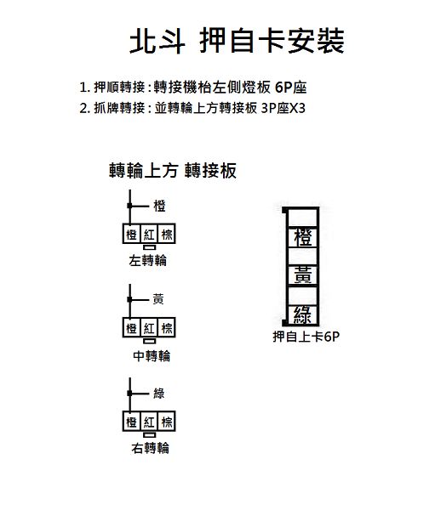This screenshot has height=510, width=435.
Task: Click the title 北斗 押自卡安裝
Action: (x=237, y=41)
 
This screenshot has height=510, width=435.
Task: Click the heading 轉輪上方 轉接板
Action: (x=173, y=171)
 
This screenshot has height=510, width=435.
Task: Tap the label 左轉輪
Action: (x=147, y=261)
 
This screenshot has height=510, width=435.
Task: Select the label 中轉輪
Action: (x=152, y=356)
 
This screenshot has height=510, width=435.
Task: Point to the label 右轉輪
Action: (x=151, y=448)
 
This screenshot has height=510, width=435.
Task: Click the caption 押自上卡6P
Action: (x=306, y=337)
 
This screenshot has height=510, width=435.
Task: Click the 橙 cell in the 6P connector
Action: (x=303, y=237)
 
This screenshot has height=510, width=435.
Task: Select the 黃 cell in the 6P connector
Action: (x=303, y=275)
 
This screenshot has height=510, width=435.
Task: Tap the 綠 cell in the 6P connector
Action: (x=303, y=314)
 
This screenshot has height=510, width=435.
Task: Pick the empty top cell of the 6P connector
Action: (x=303, y=218)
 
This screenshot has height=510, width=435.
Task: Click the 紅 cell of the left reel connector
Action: (x=149, y=234)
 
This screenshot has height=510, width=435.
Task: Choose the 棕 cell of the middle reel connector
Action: (x=167, y=327)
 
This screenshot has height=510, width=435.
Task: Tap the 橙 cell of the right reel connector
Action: (x=131, y=422)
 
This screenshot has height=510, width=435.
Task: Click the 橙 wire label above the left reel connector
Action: (x=160, y=206)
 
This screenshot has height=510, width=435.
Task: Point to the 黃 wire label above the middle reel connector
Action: (x=158, y=299)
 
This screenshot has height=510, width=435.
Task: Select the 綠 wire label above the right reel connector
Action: (x=159, y=394)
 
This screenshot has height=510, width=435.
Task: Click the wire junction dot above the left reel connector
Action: (x=129, y=206)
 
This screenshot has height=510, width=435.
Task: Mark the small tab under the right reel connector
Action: (x=150, y=434)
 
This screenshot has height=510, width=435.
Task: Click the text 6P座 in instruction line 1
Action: (x=290, y=88)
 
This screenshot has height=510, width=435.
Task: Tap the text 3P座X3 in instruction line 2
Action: (x=283, y=108)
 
